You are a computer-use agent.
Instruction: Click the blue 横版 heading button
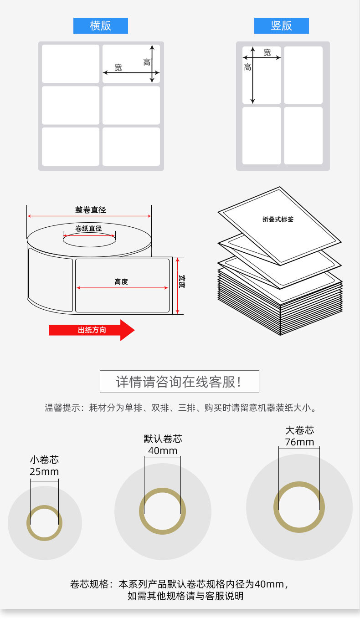pyautogui.click(x=101, y=26)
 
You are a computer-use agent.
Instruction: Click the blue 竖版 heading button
pyautogui.click(x=281, y=26)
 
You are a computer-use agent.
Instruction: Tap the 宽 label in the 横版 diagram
pyautogui.click(x=118, y=67)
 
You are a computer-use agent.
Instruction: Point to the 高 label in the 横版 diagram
pyautogui.click(x=147, y=62)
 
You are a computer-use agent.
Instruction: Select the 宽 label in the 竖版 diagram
pyautogui.click(x=267, y=53)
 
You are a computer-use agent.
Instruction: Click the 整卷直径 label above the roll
pyautogui.click(x=90, y=210)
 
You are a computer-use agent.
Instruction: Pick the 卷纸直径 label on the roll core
pyautogui.click(x=88, y=229)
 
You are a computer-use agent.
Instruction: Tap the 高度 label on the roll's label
pyautogui.click(x=121, y=282)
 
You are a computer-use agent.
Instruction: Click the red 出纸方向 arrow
pyautogui.click(x=92, y=330)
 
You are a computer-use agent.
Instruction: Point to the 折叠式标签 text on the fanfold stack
pyautogui.click(x=278, y=219)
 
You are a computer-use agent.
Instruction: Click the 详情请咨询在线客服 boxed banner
pyautogui.click(x=179, y=382)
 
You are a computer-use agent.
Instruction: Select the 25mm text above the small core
pyautogui.click(x=44, y=472)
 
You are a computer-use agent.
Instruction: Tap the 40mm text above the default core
pyautogui.click(x=163, y=451)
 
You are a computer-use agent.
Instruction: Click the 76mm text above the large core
pyautogui.click(x=299, y=442)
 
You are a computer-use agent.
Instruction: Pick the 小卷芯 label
pyautogui.click(x=44, y=460)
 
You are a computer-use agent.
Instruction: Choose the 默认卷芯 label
pyautogui.click(x=163, y=439)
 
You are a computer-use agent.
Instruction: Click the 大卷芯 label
pyautogui.click(x=299, y=430)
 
